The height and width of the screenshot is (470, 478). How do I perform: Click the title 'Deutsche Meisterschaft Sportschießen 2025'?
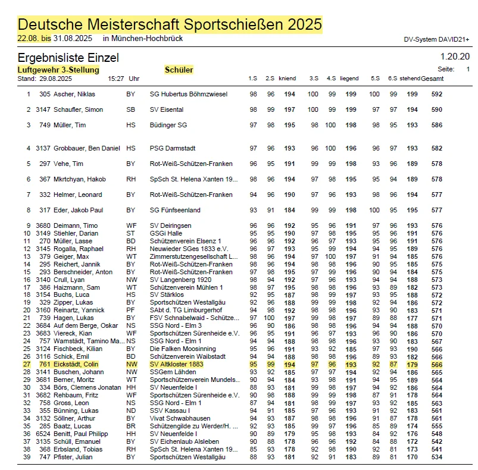point(170,24)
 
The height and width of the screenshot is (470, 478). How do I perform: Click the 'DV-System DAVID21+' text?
point(436,39)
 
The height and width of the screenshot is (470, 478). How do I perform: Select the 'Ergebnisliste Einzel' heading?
point(68,58)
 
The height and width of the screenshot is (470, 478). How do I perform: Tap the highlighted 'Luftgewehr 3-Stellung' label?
point(54,70)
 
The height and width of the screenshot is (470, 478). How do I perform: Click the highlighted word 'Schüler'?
point(179,70)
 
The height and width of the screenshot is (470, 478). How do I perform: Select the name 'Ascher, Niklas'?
point(74,94)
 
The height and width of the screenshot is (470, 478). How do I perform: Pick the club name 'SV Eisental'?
point(167,109)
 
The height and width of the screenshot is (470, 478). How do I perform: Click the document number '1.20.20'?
point(455,57)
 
